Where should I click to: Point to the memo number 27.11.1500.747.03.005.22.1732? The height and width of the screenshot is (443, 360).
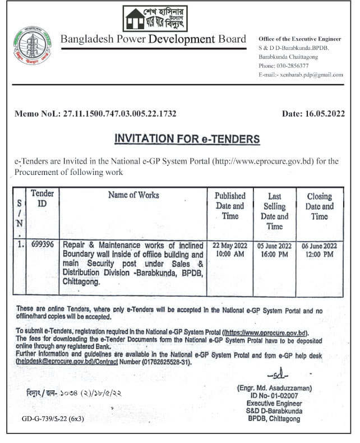pos(123,113)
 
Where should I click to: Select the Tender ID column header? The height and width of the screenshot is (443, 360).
pos(43,197)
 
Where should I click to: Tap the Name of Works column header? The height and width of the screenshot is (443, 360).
pos(133,195)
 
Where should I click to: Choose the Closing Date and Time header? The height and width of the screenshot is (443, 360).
pos(319,206)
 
